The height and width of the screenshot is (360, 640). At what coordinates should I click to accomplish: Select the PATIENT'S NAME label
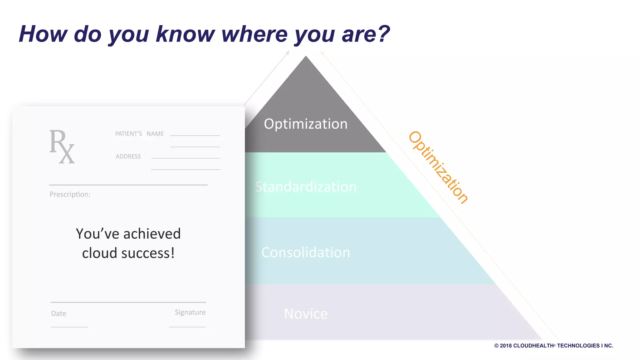coord(139,134)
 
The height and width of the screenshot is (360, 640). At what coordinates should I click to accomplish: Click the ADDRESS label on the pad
coord(128,156)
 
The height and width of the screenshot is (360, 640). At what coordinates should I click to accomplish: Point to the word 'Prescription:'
coord(70,194)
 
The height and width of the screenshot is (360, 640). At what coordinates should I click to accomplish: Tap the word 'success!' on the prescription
coord(148,253)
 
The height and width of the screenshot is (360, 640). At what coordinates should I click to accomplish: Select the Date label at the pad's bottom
coord(59,313)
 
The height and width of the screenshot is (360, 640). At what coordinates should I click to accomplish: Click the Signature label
coord(190,312)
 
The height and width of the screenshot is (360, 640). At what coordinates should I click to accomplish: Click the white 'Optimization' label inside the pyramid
coord(306,124)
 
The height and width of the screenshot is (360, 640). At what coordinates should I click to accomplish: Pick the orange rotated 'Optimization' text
coord(438,167)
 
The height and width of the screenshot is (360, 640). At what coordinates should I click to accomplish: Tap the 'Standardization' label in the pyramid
coord(306,187)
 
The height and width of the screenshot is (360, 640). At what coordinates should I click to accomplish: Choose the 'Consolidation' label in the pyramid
coord(306,252)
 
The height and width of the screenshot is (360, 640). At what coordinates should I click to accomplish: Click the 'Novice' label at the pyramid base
coord(306,314)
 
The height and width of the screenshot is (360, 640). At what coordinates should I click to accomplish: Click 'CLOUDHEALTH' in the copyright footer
coord(533,346)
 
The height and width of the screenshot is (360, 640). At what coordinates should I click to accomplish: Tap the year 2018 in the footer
coord(506,346)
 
